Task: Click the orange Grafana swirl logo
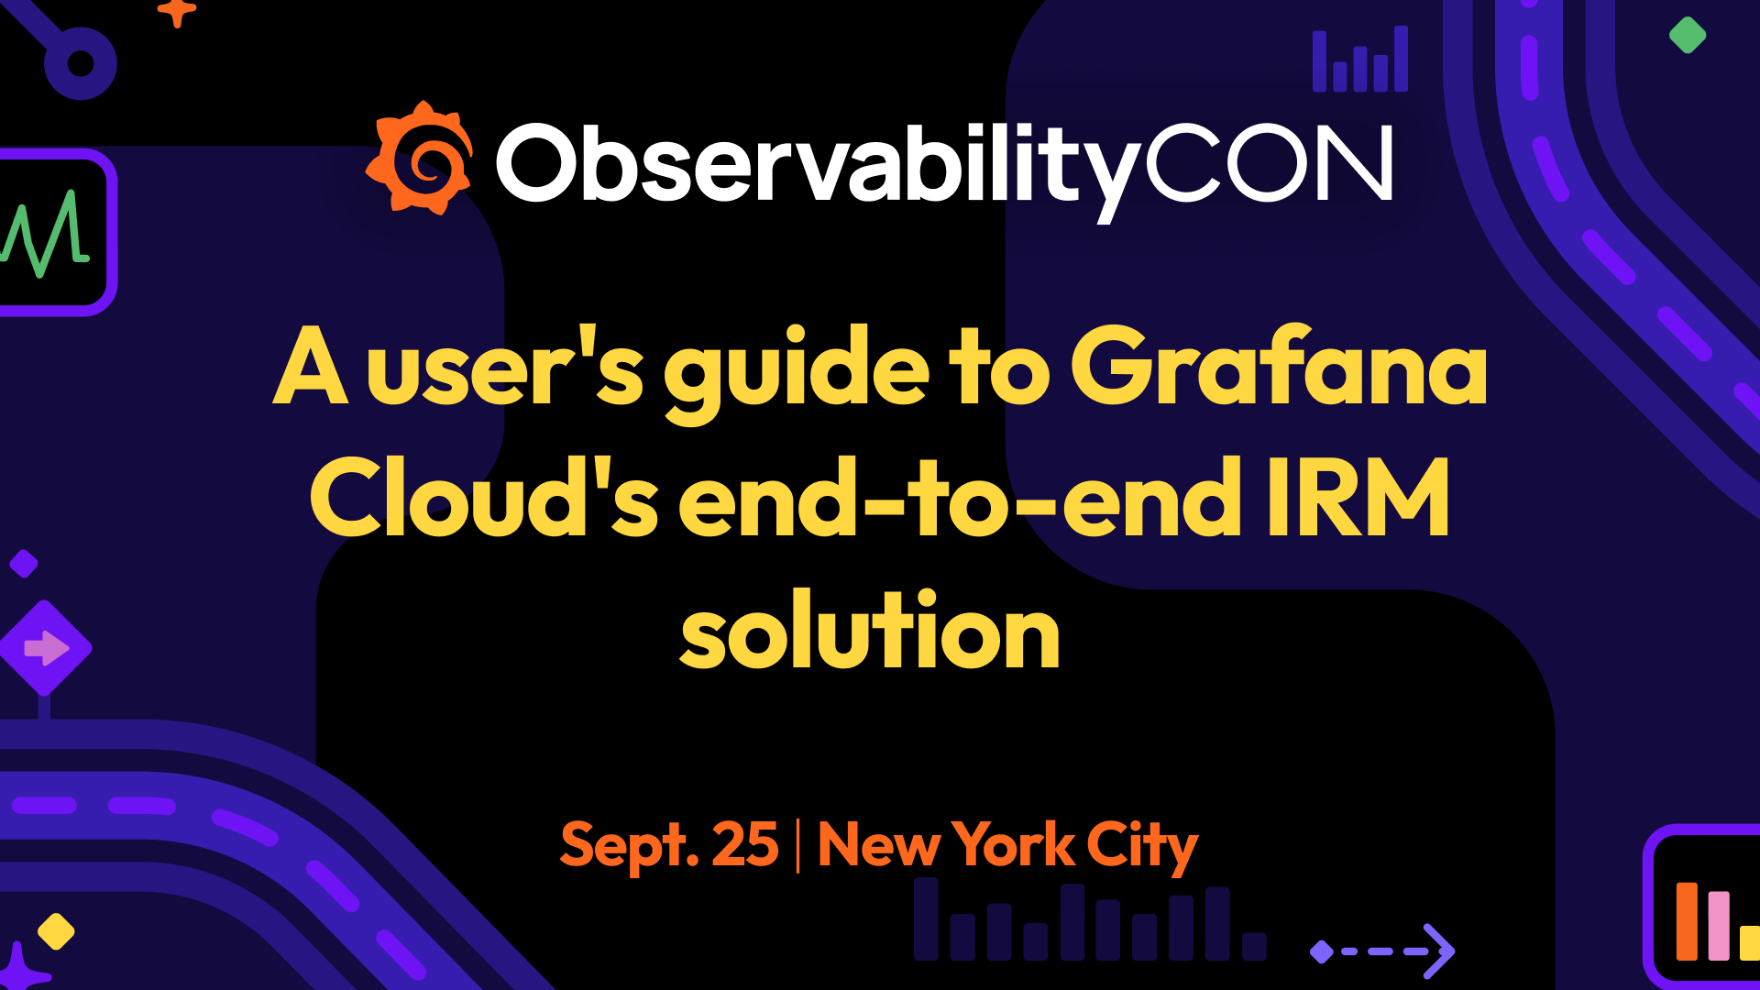(420, 159)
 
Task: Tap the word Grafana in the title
(1279, 367)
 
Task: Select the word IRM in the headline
(1357, 500)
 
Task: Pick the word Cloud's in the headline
(483, 500)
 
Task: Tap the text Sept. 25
(669, 845)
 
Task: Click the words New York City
(1006, 845)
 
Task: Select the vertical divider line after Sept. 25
(798, 845)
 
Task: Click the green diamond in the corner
(1687, 36)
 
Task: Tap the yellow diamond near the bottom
(56, 931)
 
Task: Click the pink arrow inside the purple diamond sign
(45, 648)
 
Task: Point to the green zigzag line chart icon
(46, 233)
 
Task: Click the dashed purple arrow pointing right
(1384, 951)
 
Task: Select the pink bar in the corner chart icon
(1719, 926)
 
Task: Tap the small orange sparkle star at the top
(177, 12)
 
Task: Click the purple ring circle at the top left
(81, 63)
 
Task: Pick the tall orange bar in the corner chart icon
(1687, 920)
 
